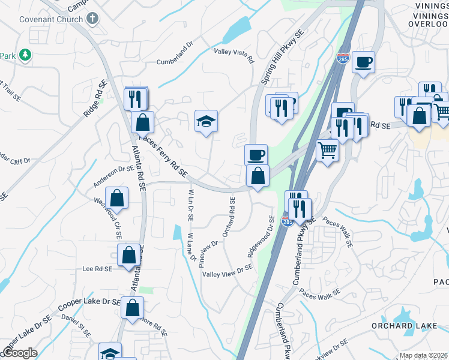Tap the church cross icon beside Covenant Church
pos(92,18)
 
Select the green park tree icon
pos(25,56)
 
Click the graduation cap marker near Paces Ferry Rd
pos(206,121)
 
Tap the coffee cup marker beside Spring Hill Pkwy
pos(256,155)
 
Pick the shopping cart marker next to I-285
pos(327,149)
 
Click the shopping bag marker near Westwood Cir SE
pos(116,198)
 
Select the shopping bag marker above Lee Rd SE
pos(129,255)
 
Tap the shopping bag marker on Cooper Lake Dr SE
pos(133,308)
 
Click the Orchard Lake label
pos(400,326)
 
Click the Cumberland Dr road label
pos(175,61)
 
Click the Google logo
pos(20,353)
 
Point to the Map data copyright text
pos(423,355)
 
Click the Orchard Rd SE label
pos(229,215)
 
